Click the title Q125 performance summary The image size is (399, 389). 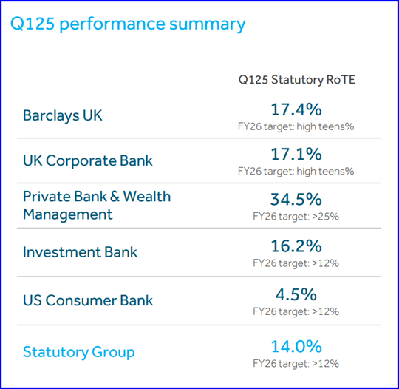click(128, 24)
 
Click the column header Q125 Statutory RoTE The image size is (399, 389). click(297, 80)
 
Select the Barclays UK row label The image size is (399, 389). click(63, 115)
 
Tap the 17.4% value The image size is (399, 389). click(296, 109)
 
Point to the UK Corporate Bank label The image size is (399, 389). click(87, 160)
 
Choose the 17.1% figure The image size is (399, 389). click(296, 154)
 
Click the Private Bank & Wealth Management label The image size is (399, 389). click(97, 205)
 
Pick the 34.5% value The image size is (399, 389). click(296, 199)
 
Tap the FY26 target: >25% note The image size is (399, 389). click(296, 217)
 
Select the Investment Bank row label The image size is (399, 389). click(80, 252)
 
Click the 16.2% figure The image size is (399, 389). click(296, 246)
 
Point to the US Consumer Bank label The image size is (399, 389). click(88, 300)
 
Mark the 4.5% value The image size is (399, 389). click(296, 294)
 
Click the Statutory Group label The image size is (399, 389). click(79, 352)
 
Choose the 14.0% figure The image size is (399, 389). click(296, 346)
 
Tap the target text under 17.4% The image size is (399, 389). click(296, 126)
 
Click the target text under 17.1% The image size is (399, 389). click(296, 171)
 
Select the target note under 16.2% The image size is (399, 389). click(296, 263)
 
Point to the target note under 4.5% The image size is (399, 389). click(296, 311)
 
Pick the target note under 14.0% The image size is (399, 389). click(296, 364)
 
